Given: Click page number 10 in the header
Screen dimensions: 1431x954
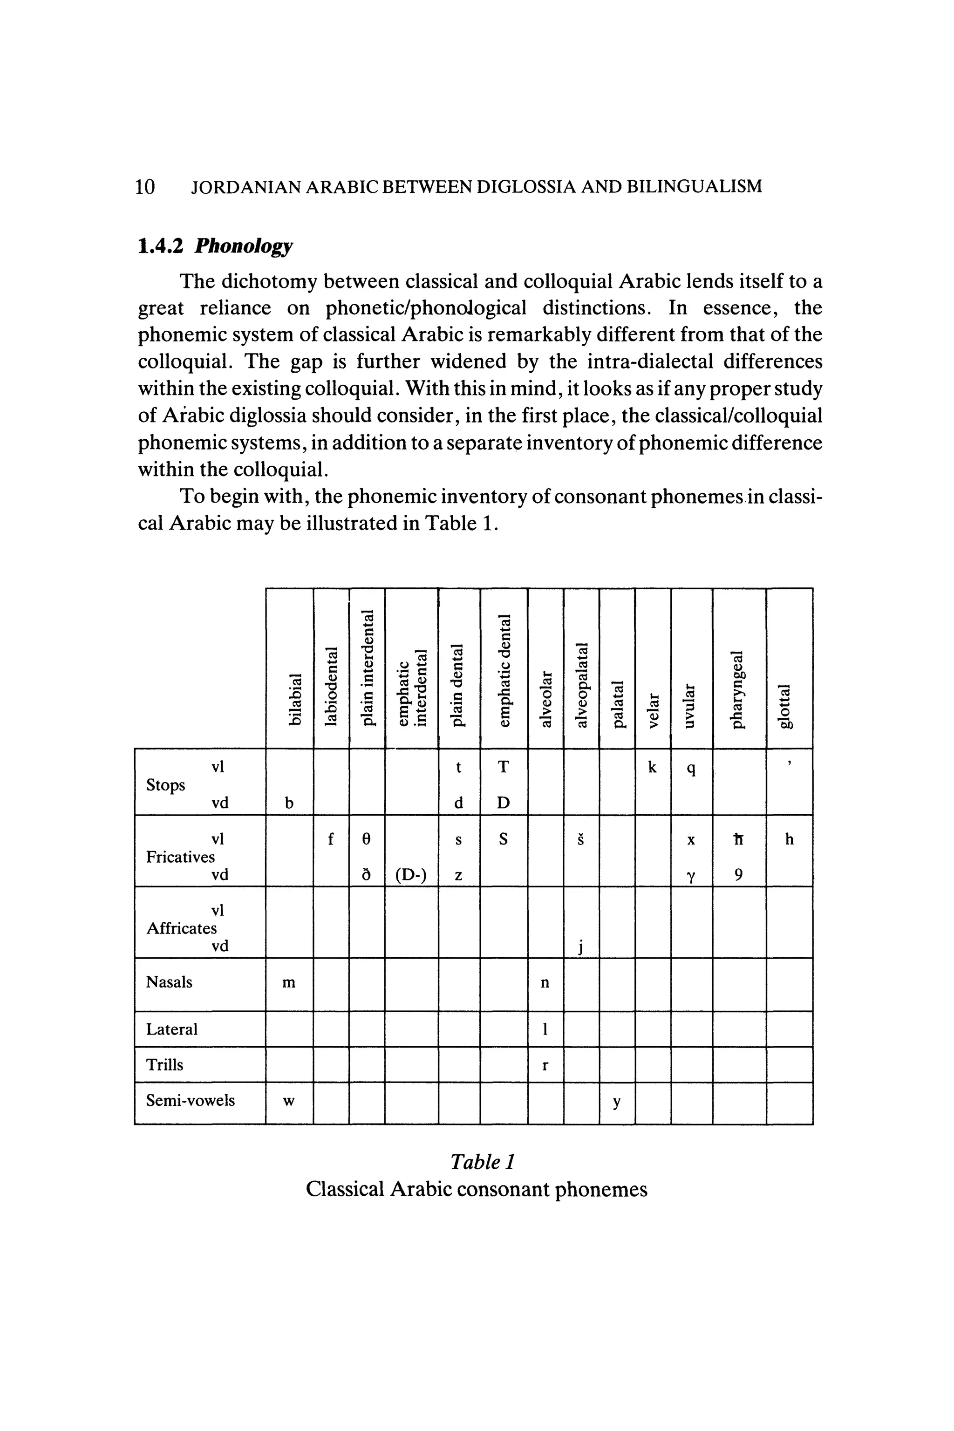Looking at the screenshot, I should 145,186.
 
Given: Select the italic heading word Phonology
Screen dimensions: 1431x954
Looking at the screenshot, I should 243,246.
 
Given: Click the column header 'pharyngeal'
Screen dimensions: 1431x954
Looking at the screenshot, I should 737,689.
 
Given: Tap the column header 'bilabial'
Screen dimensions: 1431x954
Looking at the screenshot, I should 294,699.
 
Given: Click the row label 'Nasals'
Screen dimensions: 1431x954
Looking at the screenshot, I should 169,982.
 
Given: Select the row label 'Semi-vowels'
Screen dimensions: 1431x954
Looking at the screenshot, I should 190,1100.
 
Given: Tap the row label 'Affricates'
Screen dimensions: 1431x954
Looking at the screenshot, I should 181,928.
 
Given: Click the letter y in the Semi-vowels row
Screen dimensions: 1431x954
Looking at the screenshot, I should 616,1101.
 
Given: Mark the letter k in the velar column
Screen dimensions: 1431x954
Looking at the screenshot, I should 652,768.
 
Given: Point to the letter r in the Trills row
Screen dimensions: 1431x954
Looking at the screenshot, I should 545,1065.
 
